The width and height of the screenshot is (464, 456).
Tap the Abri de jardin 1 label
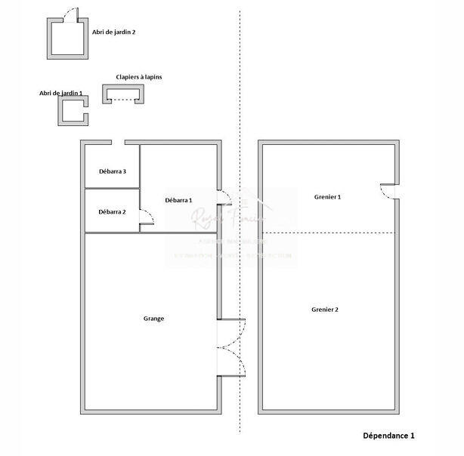[61, 93]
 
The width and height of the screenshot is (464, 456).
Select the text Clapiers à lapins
[138, 77]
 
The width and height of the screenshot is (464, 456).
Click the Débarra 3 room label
[112, 171]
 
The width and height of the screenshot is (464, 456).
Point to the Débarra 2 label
[112, 211]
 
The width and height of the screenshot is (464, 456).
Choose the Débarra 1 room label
[178, 200]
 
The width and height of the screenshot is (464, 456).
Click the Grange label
[153, 318]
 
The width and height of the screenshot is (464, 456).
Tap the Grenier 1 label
[327, 197]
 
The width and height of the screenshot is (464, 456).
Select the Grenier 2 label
[325, 310]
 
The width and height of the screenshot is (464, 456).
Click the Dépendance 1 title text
[388, 436]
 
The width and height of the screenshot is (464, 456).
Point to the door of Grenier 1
[388, 193]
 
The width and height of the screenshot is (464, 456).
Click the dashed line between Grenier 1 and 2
[327, 233]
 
